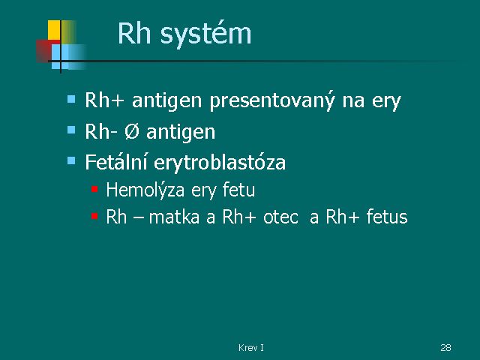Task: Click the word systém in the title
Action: click(205, 34)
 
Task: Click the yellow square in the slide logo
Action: click(54, 30)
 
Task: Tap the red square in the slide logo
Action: click(44, 51)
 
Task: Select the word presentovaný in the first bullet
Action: click(271, 100)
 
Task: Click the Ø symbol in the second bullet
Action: click(132, 132)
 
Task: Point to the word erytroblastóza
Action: click(220, 163)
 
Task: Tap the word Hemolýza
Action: click(145, 190)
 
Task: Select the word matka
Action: click(174, 217)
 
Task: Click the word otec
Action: click(280, 217)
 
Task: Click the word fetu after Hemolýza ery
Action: click(238, 190)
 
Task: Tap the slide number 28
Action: click(445, 347)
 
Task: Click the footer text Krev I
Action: click(251, 347)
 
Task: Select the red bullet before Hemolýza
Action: click(94, 189)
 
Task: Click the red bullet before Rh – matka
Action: click(94, 217)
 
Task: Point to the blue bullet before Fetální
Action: click(71, 160)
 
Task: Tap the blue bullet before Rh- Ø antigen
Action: click(71, 130)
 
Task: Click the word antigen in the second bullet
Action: click(181, 133)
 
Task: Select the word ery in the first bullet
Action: click(386, 103)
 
